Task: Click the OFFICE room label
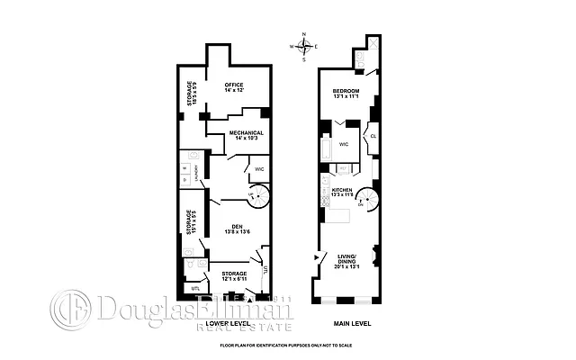[235, 87]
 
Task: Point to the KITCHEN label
[341, 191]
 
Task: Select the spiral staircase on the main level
[365, 200]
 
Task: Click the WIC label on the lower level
[258, 168]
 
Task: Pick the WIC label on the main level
[344, 143]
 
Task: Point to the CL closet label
[373, 137]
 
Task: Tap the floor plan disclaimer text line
[288, 346]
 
